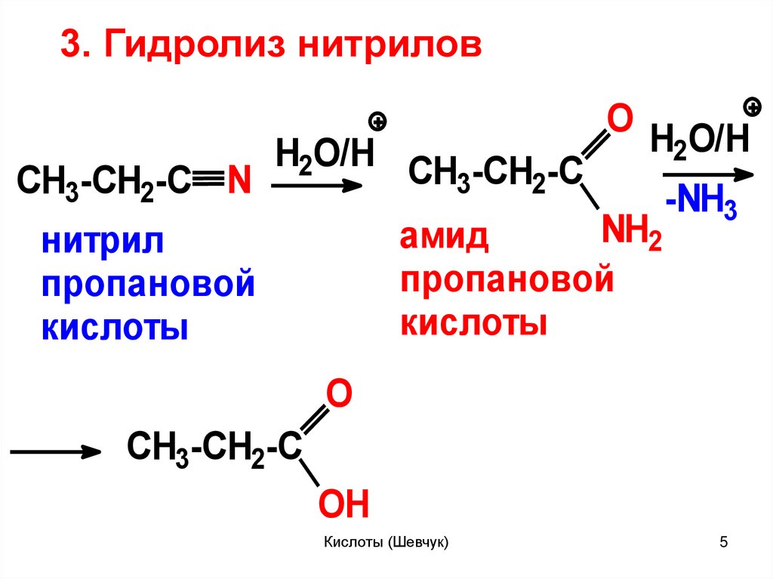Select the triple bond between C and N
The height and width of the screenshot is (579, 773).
point(207,181)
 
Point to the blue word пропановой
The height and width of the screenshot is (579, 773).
point(147,286)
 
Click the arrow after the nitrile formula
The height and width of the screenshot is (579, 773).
point(316,186)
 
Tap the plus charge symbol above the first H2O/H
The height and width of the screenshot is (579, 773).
point(378,121)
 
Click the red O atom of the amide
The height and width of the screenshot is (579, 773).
point(618,122)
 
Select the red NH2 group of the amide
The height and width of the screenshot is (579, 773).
point(631,234)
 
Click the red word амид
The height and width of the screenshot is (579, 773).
point(445,239)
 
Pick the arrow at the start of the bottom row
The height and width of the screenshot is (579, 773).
point(56,452)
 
